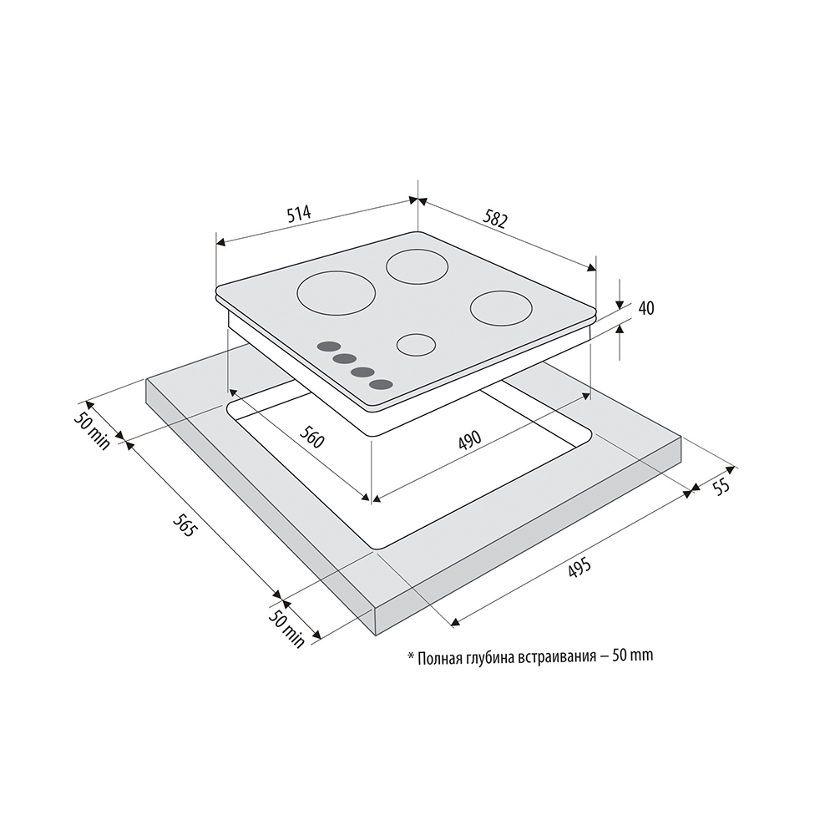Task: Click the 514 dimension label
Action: (x=299, y=213)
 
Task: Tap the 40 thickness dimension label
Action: (x=646, y=308)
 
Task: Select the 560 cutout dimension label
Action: (x=311, y=438)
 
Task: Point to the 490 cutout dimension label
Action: (x=469, y=440)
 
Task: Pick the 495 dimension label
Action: (x=579, y=568)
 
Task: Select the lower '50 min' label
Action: (x=286, y=629)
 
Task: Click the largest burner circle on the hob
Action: (x=336, y=293)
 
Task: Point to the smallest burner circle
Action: (x=417, y=345)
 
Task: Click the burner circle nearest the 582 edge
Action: (x=417, y=266)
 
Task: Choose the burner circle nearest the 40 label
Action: (x=501, y=308)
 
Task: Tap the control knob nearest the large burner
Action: (x=328, y=347)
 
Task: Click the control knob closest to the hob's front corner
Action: (x=381, y=384)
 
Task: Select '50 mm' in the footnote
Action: (x=633, y=655)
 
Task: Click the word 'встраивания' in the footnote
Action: (x=556, y=657)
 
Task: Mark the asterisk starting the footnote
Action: (x=411, y=655)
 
